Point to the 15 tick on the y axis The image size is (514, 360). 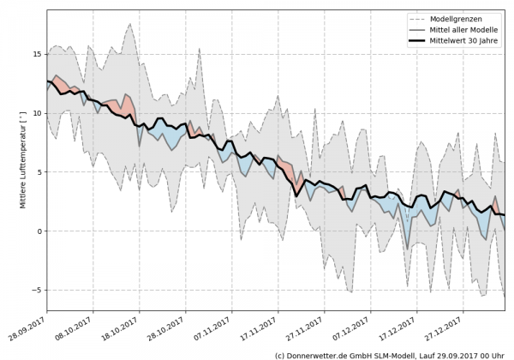(37, 54)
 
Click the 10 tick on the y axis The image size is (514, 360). (37, 113)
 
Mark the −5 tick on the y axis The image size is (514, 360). (37, 290)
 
